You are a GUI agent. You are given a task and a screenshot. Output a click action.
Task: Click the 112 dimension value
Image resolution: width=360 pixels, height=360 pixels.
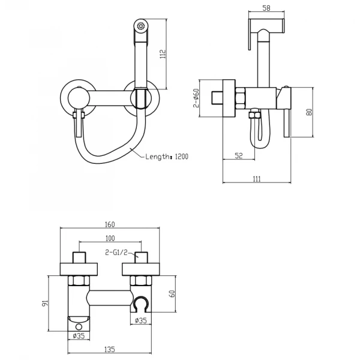click(163, 54)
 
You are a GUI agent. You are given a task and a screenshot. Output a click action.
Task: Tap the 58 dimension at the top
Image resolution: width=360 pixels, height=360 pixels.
click(266, 8)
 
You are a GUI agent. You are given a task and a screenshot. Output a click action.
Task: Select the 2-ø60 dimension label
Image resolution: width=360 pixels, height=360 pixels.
click(196, 98)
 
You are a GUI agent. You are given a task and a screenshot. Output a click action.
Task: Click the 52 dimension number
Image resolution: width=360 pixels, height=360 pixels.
click(239, 155)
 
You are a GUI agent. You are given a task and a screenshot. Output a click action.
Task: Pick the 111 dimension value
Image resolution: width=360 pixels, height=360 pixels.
click(256, 179)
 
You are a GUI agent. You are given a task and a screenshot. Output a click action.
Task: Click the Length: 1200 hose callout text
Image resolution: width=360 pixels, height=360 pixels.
click(167, 157)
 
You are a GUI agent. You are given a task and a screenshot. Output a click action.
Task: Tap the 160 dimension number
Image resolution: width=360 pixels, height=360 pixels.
click(110, 224)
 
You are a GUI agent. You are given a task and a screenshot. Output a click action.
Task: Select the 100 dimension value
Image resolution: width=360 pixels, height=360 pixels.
click(110, 238)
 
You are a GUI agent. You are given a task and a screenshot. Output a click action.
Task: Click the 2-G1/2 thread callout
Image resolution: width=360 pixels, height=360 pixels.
click(116, 253)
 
